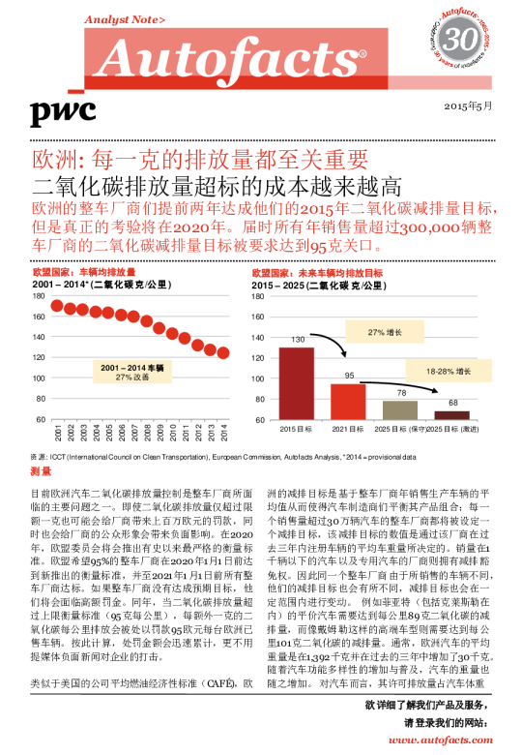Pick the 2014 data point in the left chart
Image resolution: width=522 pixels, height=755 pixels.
pyautogui.click(x=224, y=352)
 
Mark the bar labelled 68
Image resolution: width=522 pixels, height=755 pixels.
pyautogui.click(x=452, y=414)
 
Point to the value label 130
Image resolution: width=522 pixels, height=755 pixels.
pyautogui.click(x=298, y=340)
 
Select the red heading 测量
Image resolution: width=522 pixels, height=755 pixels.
pyautogui.click(x=41, y=471)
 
